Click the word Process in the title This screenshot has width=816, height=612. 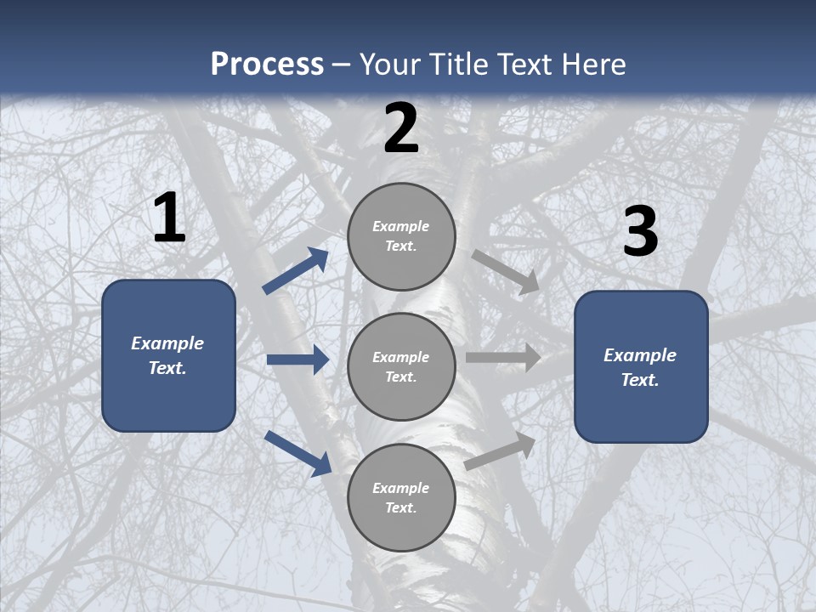267,64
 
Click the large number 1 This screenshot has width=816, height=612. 169,218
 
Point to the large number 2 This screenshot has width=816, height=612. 401,128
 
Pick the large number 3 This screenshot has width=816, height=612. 640,232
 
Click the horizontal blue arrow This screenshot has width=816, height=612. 297,360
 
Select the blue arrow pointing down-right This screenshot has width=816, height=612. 298,453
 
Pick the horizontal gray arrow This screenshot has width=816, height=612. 503,358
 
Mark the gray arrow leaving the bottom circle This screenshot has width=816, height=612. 501,451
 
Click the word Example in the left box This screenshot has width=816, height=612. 167,343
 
